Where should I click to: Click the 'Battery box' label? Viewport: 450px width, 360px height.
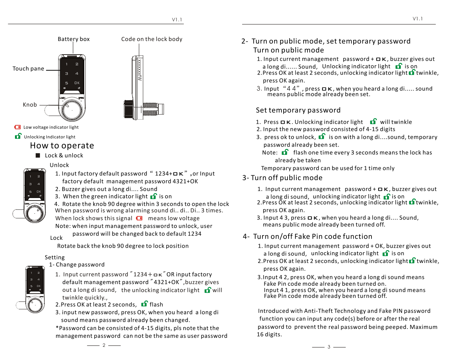coord(74,39)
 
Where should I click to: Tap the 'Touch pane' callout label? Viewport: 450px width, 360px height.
coord(28,69)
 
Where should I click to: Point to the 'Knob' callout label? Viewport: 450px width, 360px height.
coord(30,105)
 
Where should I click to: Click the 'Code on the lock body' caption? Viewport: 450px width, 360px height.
coord(151,39)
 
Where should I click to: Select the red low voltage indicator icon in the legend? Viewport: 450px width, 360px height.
coord(17,127)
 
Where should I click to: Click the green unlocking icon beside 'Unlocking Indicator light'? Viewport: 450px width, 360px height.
coord(18,136)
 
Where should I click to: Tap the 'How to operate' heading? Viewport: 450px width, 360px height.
coord(62,146)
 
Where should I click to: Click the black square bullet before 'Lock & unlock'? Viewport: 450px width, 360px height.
coord(38,155)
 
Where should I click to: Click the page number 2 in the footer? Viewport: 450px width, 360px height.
coord(104,345)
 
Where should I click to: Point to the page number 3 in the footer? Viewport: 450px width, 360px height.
coord(329,347)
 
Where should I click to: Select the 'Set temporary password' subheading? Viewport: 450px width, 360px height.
coord(298,110)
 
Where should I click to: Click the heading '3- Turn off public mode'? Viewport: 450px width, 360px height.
coord(282,178)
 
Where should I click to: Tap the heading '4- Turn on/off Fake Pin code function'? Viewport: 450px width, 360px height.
coord(307,237)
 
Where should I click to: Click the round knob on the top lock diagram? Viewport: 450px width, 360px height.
coord(72,110)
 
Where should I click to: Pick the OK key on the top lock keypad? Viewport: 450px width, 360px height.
coord(77,83)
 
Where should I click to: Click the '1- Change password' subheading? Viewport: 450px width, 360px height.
coord(77,265)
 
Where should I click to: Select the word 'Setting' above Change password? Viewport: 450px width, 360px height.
coord(55,257)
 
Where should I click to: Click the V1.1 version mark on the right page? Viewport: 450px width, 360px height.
coord(417,19)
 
